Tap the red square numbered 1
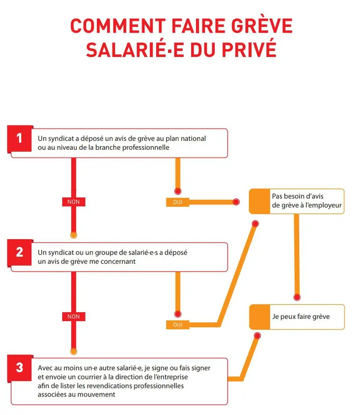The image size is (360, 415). tap(19, 138)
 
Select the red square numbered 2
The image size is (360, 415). tap(19, 252)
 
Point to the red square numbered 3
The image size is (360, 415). tap(19, 367)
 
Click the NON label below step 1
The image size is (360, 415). tap(73, 202)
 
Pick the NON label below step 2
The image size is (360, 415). tap(73, 317)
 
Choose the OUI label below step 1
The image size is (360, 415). tap(178, 202)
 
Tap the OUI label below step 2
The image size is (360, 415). tap(178, 325)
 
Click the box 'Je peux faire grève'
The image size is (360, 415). tap(297, 317)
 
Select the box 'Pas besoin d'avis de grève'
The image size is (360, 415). tap(297, 201)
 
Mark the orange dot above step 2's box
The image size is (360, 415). tap(73, 235)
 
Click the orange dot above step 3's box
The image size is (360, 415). tap(73, 351)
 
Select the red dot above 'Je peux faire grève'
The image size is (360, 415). tap(297, 297)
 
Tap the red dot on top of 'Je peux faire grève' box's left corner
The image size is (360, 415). tap(257, 335)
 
